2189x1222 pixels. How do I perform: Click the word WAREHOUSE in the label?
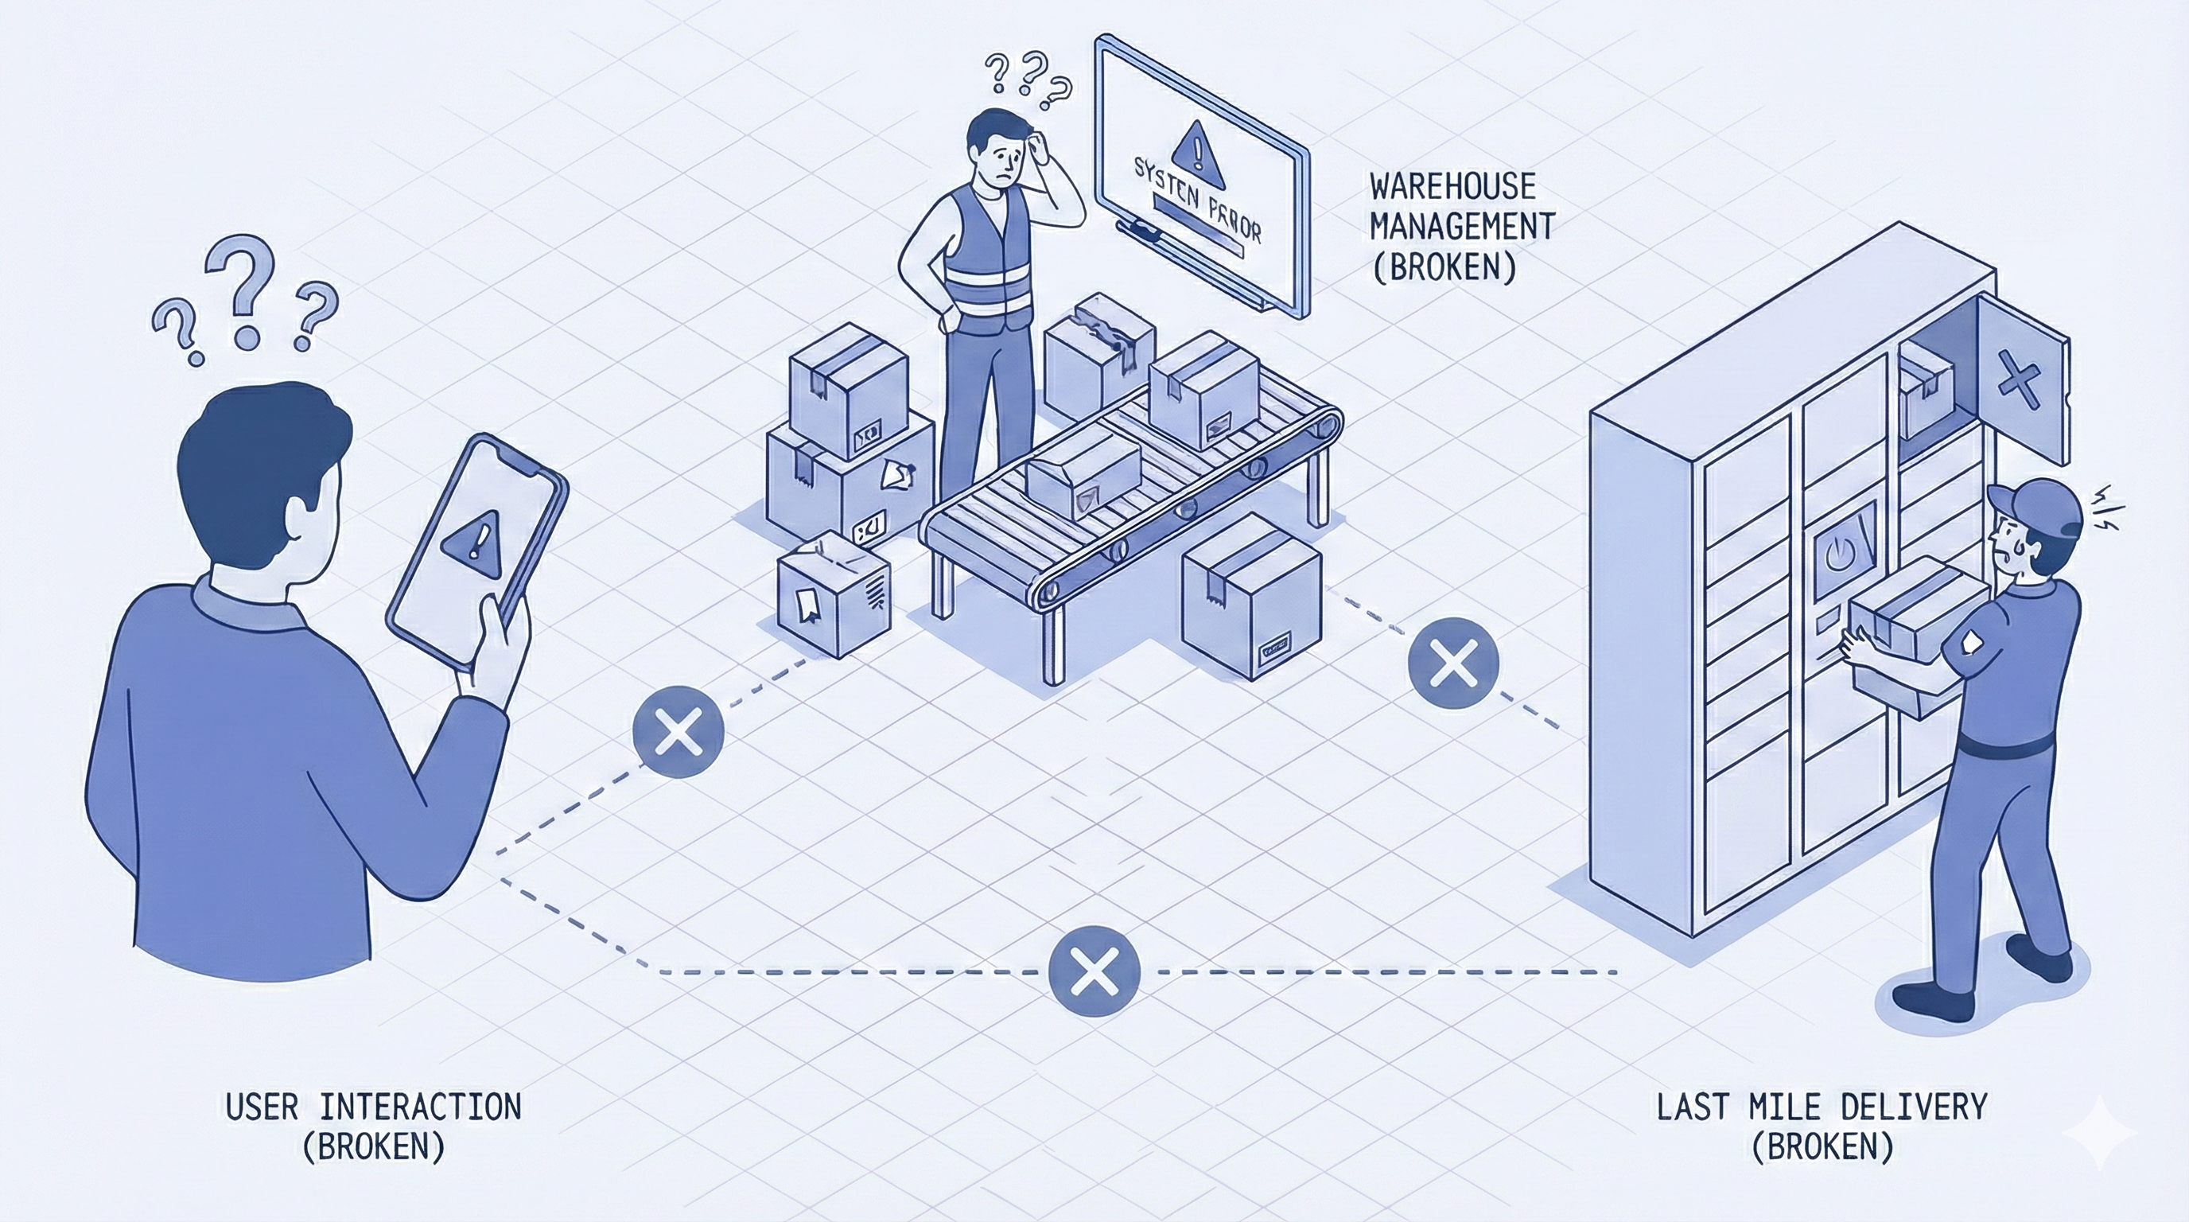(x=1452, y=186)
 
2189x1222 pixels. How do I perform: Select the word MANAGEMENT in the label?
(x=1463, y=227)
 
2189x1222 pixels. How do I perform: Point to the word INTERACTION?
(x=421, y=1107)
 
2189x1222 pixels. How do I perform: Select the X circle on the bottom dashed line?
(x=1094, y=971)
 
